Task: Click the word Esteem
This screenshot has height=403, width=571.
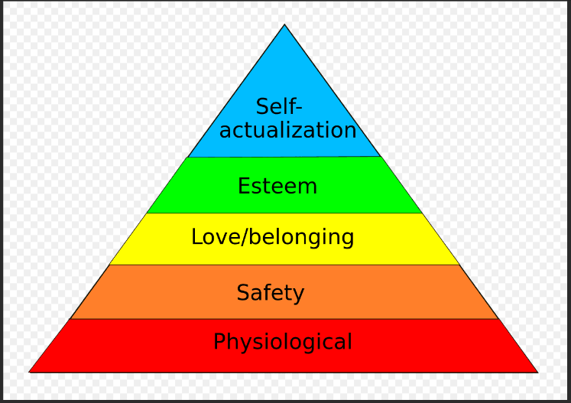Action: [x=277, y=186]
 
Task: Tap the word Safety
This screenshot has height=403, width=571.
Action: [x=271, y=292]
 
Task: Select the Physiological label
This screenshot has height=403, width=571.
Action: [x=283, y=341]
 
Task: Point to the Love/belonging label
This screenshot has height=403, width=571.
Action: [x=273, y=237]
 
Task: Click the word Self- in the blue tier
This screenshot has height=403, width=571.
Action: [x=279, y=106]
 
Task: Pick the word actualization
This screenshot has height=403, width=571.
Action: [x=287, y=130]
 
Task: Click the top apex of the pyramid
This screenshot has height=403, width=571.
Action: [x=285, y=25]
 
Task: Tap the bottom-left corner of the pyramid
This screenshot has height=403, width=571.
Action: [x=30, y=372]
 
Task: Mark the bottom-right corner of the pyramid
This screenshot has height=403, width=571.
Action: [x=537, y=372]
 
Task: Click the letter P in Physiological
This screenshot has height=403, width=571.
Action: [x=219, y=341]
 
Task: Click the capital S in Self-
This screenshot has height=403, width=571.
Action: [x=262, y=106]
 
